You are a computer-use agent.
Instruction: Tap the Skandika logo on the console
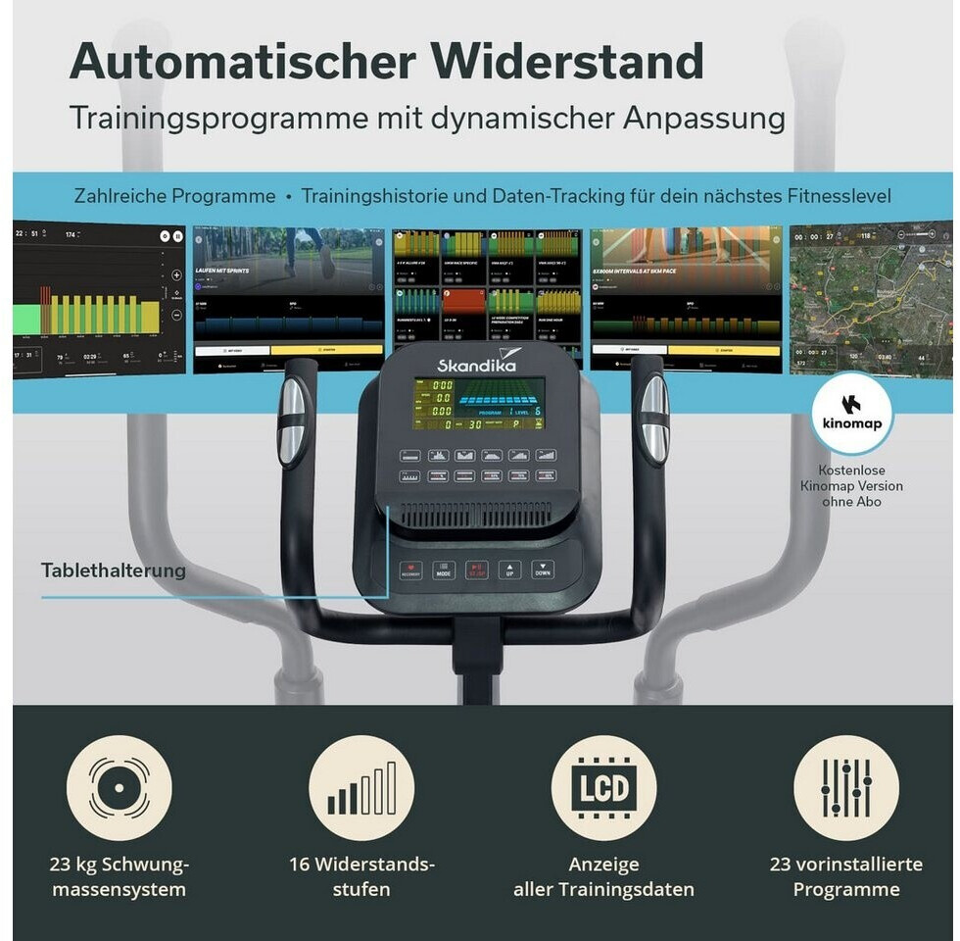point(476,364)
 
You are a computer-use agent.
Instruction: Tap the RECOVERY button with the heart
point(410,570)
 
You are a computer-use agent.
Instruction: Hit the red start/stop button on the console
point(476,570)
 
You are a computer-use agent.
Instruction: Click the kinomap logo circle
point(851,414)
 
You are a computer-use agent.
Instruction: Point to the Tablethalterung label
point(113,570)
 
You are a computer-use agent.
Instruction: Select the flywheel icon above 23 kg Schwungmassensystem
point(119,788)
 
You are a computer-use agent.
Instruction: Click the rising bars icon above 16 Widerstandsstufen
point(361,788)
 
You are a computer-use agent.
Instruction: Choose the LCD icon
point(603,788)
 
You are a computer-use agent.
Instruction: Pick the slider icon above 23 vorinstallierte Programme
point(845,788)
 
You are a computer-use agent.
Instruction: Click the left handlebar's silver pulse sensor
point(292,421)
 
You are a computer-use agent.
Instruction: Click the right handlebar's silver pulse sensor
point(654,420)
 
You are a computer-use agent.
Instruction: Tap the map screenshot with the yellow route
point(871,299)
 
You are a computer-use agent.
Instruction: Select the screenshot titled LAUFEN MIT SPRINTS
point(289,299)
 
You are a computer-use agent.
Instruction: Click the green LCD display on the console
point(478,404)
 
